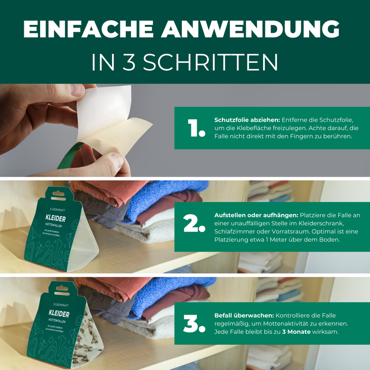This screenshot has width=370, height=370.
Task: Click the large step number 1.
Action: coord(196,128)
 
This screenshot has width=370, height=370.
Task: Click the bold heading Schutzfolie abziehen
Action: coord(246,119)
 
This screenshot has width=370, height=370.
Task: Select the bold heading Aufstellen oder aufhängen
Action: coord(256,215)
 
